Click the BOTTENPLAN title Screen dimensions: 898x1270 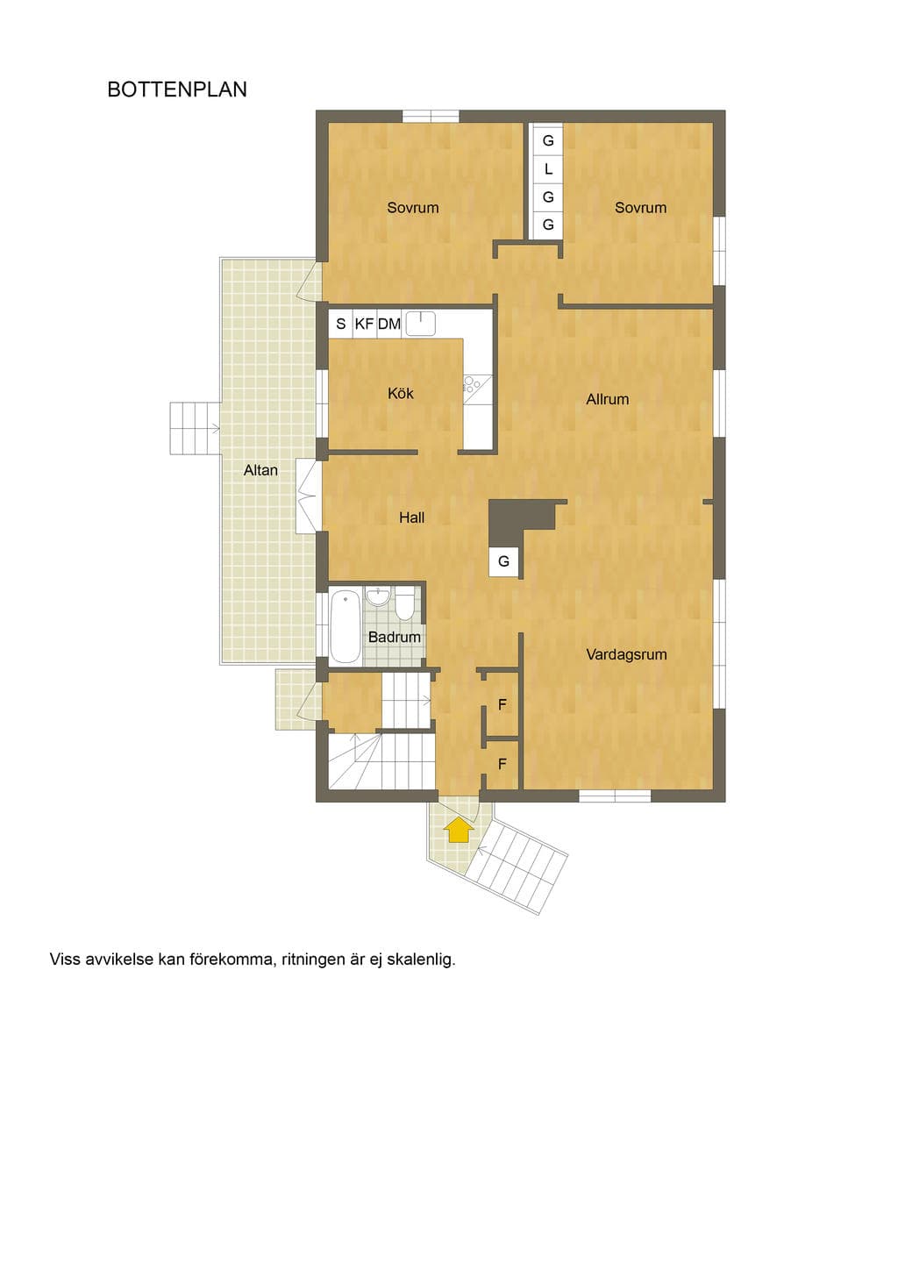(177, 89)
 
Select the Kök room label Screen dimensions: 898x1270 (401, 393)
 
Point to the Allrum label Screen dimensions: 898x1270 (607, 399)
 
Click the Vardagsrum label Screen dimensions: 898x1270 (626, 655)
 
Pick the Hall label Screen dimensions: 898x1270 (411, 517)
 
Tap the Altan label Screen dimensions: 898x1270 (260, 471)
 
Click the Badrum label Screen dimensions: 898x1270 (395, 638)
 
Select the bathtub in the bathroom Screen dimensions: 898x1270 (346, 626)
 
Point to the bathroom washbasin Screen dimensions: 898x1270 (378, 597)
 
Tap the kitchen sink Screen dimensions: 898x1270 (421, 323)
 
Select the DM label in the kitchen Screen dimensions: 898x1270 (389, 324)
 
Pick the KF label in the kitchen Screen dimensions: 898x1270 (364, 324)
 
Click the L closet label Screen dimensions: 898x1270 (548, 169)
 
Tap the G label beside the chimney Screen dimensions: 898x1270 (503, 561)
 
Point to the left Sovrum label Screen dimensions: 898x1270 (413, 208)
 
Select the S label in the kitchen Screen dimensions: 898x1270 (341, 324)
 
